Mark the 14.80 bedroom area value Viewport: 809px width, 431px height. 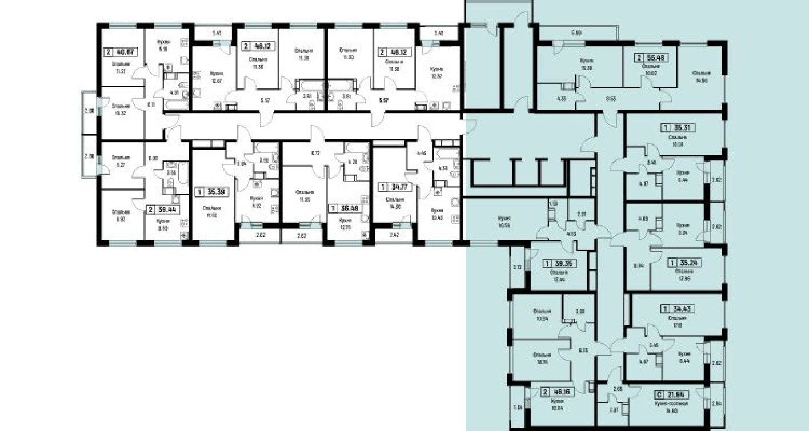click(702, 80)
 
